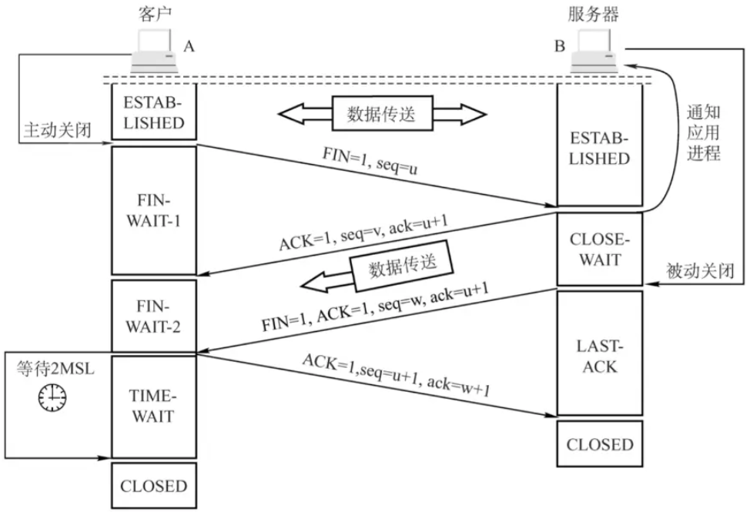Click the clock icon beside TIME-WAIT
coord(52,397)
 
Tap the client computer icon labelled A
coord(155,51)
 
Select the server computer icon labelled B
coord(594,51)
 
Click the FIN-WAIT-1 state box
coord(154,210)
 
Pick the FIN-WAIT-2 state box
coord(154,316)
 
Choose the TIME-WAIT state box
coord(154,407)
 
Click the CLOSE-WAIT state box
coord(600,249)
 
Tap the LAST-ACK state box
coord(600,353)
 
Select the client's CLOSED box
coord(154,485)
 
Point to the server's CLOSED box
coord(600,443)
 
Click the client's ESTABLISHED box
coord(154,112)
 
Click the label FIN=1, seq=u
coord(370,161)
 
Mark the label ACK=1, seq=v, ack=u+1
coord(363,233)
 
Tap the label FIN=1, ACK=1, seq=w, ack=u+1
coord(375,307)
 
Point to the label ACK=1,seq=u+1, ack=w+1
coord(397,376)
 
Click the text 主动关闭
coord(58,130)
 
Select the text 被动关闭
coord(700,271)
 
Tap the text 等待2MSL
coord(55,368)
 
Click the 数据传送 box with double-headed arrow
coord(382,114)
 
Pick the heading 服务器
coord(593,15)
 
